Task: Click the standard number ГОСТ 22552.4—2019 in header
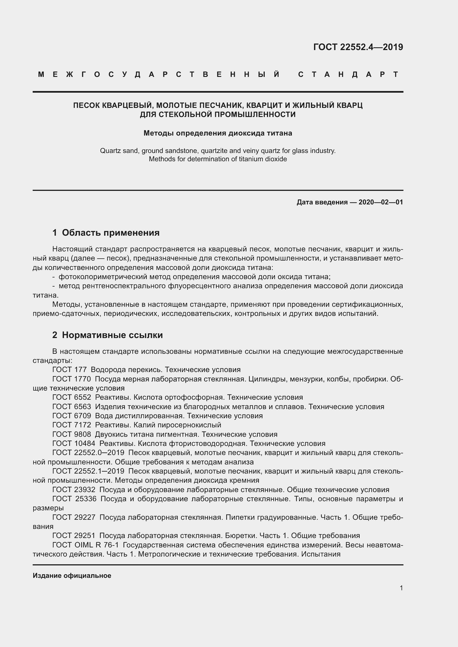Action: [358, 47]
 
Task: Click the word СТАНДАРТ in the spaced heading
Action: [348, 74]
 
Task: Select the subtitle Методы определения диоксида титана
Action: [218, 133]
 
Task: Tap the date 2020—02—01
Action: [381, 202]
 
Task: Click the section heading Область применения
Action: [110, 232]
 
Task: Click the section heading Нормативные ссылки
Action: [112, 335]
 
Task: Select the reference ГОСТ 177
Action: [70, 370]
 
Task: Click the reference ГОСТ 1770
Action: [71, 379]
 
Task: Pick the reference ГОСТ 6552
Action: [72, 397]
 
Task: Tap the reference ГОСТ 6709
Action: [72, 416]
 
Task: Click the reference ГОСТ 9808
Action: [72, 434]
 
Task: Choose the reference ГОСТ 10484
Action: [74, 443]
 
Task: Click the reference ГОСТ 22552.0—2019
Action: [88, 453]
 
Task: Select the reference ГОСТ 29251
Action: [74, 536]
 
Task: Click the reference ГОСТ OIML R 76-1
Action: [86, 545]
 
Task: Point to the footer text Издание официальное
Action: [72, 575]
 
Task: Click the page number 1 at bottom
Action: [401, 588]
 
